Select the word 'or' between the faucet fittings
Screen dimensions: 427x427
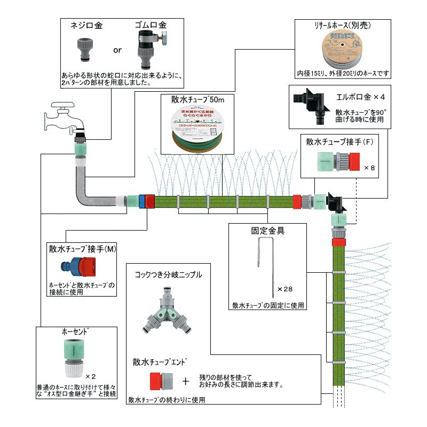click(x=117, y=50)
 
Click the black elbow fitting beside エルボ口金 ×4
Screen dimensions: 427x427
click(x=310, y=102)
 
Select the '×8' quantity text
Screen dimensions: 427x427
click(x=370, y=168)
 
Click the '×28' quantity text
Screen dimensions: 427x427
click(x=284, y=289)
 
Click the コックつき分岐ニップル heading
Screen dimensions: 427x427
click(x=168, y=274)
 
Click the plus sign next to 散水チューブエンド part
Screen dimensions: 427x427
click(x=186, y=381)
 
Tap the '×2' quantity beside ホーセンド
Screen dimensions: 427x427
click(x=90, y=376)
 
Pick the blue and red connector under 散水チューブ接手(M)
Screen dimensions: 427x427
click(x=81, y=265)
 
